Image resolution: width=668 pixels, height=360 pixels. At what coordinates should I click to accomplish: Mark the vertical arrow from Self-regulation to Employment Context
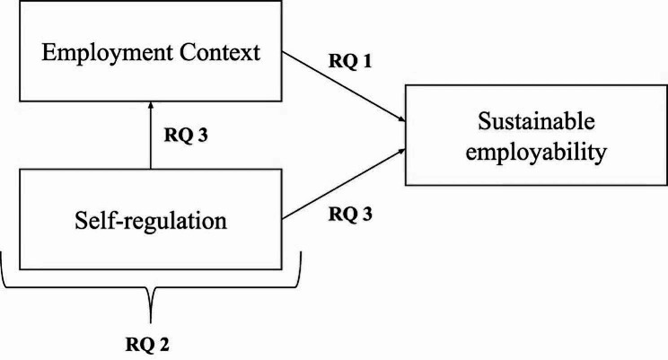(x=151, y=135)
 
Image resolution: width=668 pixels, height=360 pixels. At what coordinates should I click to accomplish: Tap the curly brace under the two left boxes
(x=151, y=296)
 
